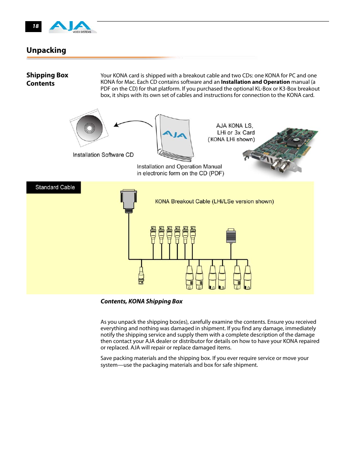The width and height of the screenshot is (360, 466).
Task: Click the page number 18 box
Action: point(34,26)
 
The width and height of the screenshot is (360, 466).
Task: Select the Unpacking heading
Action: point(46,50)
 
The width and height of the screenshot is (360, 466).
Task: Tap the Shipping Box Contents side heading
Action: point(47,79)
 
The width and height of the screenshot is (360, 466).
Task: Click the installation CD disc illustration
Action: point(89,128)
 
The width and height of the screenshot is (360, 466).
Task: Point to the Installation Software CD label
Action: point(103,155)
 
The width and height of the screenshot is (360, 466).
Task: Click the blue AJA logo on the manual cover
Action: point(174,135)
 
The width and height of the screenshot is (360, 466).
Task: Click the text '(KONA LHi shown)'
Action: point(231,139)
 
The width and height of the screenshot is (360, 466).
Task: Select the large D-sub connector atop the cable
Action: point(129,200)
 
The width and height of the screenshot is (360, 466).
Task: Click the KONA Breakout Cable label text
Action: point(214,201)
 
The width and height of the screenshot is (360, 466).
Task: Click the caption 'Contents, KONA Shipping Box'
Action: point(142,301)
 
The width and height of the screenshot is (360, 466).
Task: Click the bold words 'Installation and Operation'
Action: point(255,82)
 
